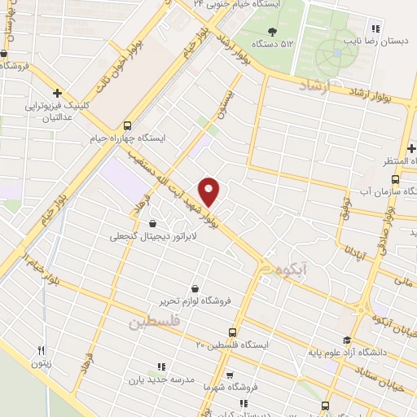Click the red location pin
click(209, 191)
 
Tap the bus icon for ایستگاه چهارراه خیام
click(126, 125)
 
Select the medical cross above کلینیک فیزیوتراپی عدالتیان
click(56, 93)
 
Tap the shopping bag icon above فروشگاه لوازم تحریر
click(195, 288)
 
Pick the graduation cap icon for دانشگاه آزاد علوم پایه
click(348, 340)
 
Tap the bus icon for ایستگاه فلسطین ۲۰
click(233, 332)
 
